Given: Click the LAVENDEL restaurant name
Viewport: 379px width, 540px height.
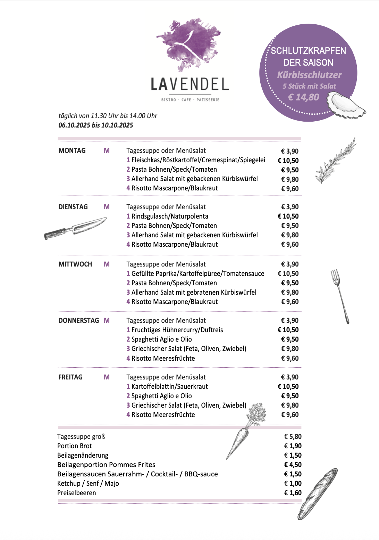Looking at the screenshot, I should point(190,84).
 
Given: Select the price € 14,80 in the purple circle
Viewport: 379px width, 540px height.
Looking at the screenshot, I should point(303,97).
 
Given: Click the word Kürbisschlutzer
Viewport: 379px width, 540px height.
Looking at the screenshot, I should point(309,75).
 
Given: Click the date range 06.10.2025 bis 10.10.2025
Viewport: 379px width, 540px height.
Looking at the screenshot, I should point(96,125).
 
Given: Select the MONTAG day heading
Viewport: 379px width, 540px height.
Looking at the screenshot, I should point(72,151).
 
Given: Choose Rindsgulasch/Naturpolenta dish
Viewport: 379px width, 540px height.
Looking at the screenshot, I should point(170,216).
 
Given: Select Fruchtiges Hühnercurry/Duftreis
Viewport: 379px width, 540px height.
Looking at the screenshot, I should point(177,330).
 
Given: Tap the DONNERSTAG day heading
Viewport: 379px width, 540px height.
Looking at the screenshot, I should point(79,321).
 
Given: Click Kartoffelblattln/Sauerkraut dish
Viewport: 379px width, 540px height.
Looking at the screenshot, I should point(169,386).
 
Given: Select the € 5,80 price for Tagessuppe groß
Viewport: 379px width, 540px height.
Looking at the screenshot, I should point(293,437).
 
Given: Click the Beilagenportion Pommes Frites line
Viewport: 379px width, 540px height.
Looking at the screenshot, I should point(106,465).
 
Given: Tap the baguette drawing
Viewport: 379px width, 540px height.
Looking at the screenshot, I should point(317,493).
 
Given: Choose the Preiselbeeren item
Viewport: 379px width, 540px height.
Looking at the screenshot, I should point(77,493).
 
